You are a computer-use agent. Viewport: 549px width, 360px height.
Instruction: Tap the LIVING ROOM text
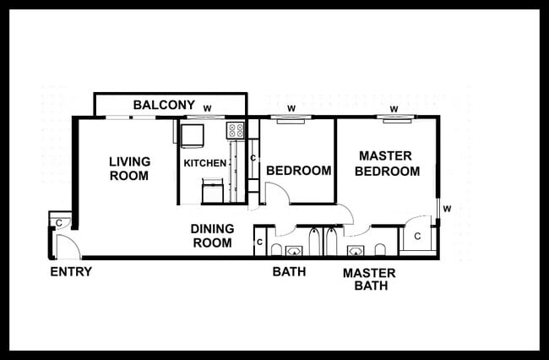click(129, 169)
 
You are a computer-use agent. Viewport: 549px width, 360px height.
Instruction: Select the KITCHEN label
click(205, 163)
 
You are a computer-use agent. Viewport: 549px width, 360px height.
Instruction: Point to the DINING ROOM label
click(211, 236)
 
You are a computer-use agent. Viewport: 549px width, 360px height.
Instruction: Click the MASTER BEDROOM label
click(386, 163)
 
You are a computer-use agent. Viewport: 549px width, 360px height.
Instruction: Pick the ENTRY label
click(71, 272)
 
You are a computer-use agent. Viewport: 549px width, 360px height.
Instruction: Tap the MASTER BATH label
click(368, 280)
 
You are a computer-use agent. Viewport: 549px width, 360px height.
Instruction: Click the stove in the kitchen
click(236, 131)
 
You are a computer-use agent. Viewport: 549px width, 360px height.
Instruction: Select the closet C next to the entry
click(59, 222)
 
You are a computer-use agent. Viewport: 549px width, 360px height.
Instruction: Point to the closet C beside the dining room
click(259, 243)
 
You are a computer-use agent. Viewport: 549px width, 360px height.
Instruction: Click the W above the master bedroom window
click(394, 108)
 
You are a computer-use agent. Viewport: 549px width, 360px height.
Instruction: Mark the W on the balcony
click(207, 107)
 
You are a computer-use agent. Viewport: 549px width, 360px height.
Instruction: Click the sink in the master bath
click(354, 250)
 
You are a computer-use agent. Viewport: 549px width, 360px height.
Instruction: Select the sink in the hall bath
click(294, 250)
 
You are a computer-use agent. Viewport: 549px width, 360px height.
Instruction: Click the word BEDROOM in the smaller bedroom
click(299, 171)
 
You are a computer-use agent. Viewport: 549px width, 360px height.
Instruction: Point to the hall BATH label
click(289, 272)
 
